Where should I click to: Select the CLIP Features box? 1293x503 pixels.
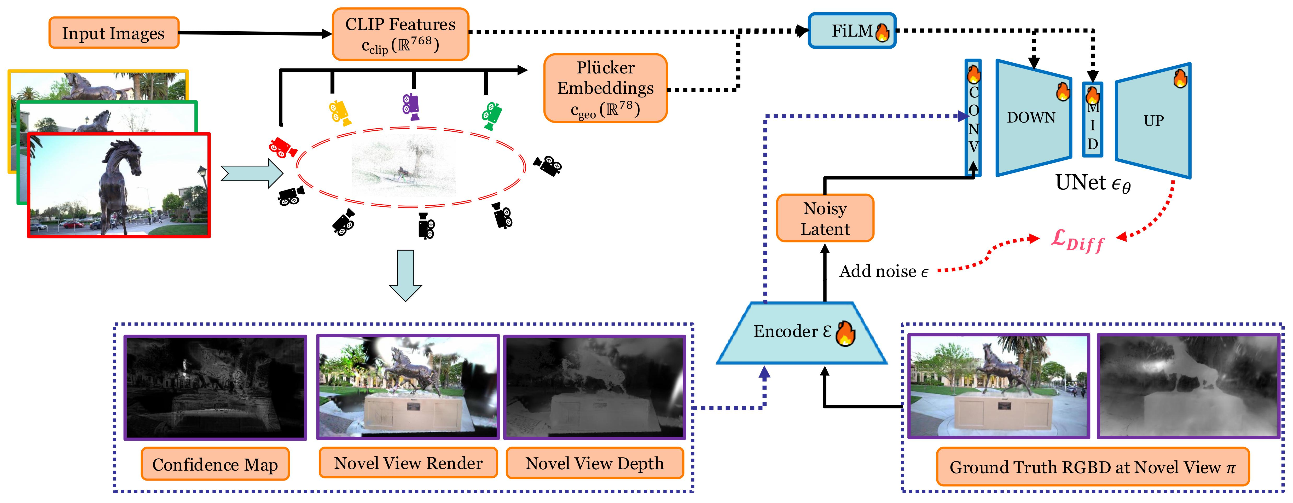(400, 34)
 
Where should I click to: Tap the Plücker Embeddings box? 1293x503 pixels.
(605, 88)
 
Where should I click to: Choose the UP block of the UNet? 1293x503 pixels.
(1153, 120)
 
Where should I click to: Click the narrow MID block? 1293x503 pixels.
(1092, 120)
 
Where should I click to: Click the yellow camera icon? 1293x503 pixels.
(339, 112)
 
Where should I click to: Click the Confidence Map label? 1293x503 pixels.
(215, 464)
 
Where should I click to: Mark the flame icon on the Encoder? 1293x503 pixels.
(845, 333)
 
